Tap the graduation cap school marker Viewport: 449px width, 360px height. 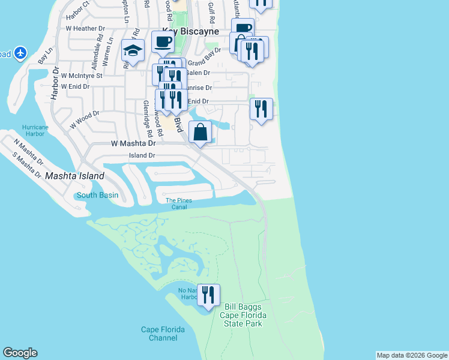pos(133,52)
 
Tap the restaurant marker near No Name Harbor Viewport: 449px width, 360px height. pos(208,296)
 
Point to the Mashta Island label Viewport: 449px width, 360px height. pos(74,176)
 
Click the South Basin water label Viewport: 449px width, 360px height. pos(97,196)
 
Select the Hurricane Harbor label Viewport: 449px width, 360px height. pos(35,131)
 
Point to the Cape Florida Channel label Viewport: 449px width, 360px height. pos(163,334)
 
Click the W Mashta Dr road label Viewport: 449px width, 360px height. pos(133,144)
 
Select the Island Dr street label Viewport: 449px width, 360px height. pos(142,155)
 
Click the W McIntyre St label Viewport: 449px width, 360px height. pos(82,76)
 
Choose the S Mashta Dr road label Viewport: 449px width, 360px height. pos(28,163)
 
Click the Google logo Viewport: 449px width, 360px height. pos(20,353)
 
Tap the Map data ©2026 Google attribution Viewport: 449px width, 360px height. pos(412,355)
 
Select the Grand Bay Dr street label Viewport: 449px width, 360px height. pos(200,62)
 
